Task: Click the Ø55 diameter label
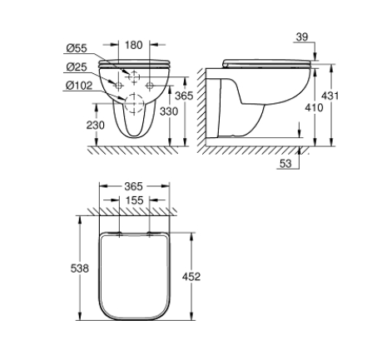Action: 77,48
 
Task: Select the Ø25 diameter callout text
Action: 77,67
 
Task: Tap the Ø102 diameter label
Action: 79,86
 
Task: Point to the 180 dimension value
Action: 134,45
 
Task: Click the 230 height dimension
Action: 96,126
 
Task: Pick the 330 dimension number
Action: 169,111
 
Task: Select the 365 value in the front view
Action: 184,96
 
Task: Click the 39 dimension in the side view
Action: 302,37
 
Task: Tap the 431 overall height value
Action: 330,96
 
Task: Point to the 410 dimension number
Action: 314,107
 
